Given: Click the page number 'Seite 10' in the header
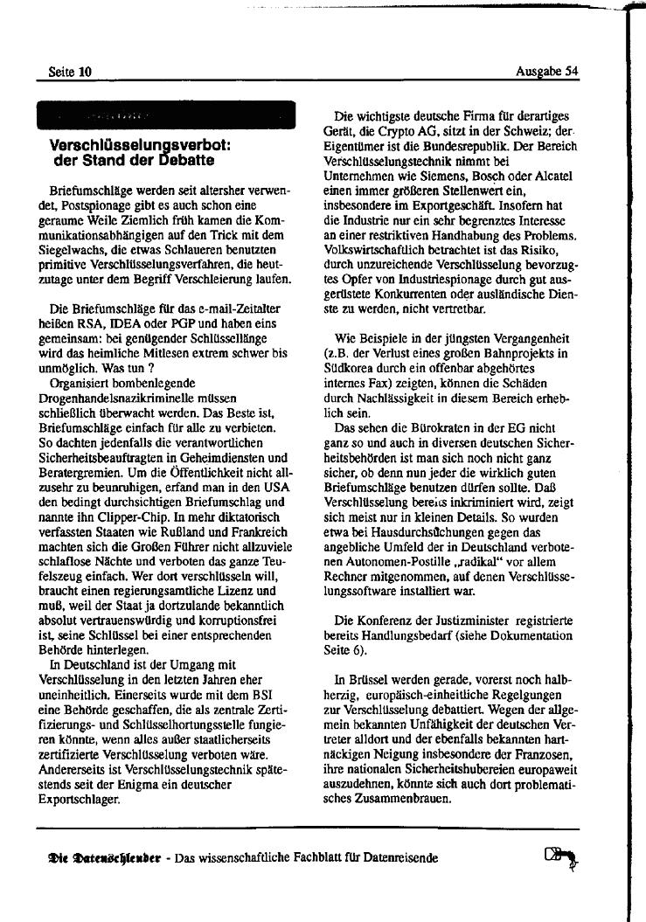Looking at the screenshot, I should (69, 72).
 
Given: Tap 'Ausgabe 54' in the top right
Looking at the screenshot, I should (547, 72).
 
